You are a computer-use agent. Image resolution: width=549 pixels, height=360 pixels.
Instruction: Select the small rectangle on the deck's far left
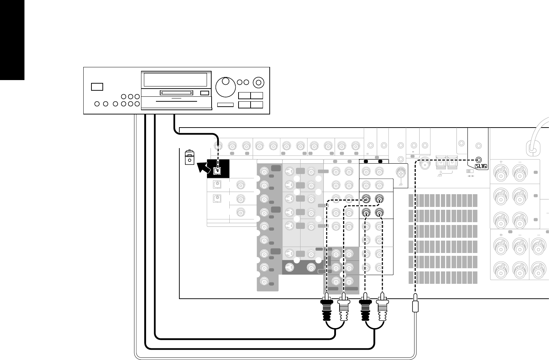pyautogui.click(x=97, y=86)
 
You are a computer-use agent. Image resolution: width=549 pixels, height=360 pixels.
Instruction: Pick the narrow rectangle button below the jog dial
pyautogui.click(x=225, y=105)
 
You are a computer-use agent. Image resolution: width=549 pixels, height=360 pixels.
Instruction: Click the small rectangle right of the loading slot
pyautogui.click(x=205, y=93)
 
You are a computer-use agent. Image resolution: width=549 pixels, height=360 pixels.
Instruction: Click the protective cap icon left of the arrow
pyautogui.click(x=190, y=157)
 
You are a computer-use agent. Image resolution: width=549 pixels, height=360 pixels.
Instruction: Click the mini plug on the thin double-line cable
pyautogui.click(x=416, y=306)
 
